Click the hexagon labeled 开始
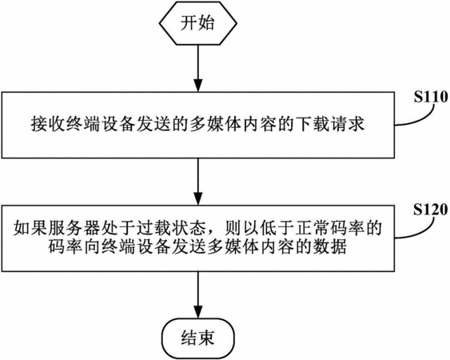pos(198,23)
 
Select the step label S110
pos(431,97)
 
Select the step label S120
pos(431,210)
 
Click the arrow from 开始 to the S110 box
pos(198,68)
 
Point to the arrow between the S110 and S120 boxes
pos(198,182)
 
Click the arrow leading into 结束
pos(198,295)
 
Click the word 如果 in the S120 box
pos(30,228)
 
